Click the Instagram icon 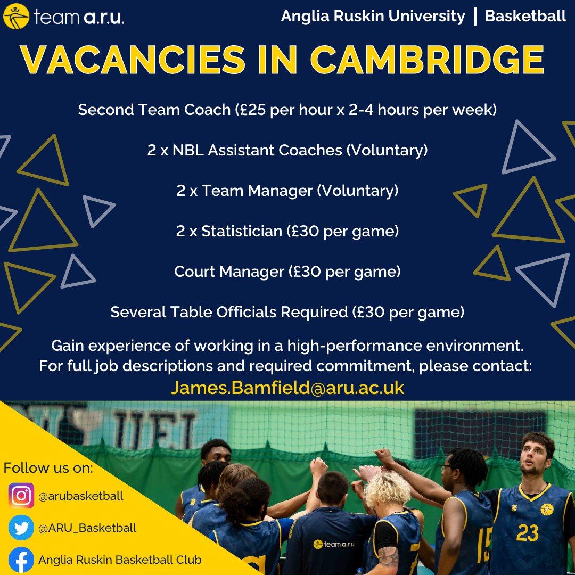tap(21, 496)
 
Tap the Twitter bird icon tap(21, 528)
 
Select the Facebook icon tap(21, 560)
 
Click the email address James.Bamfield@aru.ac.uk tap(287, 388)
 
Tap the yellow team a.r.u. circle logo tap(16, 18)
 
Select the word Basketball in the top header tap(525, 17)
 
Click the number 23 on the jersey tap(527, 533)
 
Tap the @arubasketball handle tap(80, 496)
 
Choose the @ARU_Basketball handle tap(87, 528)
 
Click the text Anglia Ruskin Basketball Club tap(120, 560)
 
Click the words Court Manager tap(229, 272)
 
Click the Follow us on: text tap(48, 469)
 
